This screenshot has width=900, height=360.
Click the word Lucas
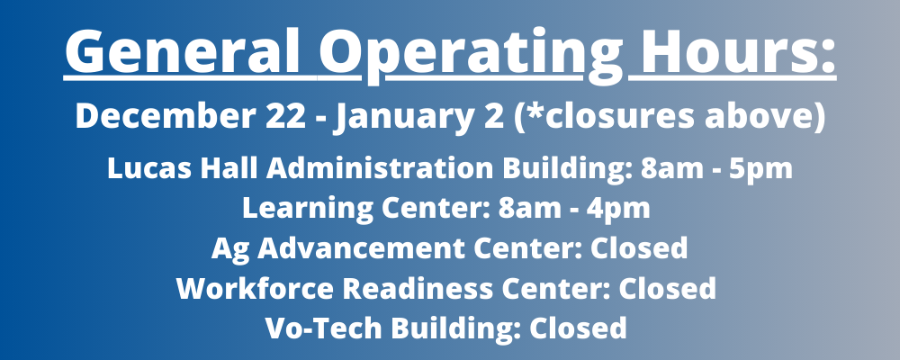(x=144, y=168)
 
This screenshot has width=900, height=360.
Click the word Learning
(x=292, y=208)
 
